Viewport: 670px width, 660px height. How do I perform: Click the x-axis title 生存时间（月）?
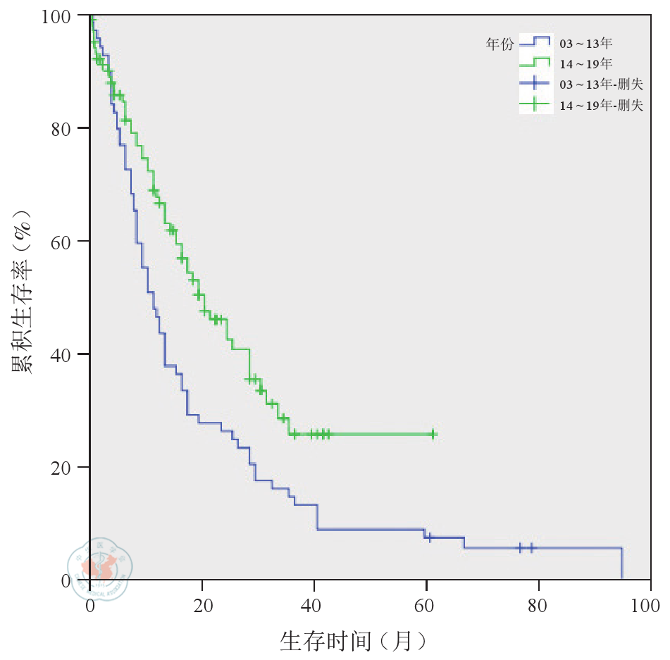click(354, 640)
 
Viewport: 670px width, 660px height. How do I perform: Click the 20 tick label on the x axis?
click(202, 605)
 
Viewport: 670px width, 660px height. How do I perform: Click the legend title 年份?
click(500, 44)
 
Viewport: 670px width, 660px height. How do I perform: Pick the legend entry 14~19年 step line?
click(535, 62)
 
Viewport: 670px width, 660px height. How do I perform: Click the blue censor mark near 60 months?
click(428, 537)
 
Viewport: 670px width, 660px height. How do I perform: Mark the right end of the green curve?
click(436, 435)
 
